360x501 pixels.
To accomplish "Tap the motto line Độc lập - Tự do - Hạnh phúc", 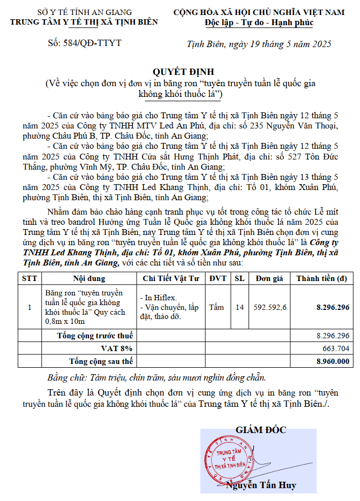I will click(259, 22).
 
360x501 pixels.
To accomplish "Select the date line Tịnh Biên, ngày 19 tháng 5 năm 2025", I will click(260, 43).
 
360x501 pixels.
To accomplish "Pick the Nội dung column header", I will click(89, 278).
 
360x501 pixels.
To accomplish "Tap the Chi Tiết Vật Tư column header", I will click(171, 278).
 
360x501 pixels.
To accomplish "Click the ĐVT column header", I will click(218, 278).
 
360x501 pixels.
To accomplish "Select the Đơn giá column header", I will click(269, 278).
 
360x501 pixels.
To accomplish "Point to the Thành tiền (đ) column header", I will click(321, 278).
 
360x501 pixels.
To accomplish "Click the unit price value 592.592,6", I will click(270, 307).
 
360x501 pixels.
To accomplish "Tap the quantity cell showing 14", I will click(239, 307).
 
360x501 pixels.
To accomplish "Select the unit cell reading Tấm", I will click(217, 307).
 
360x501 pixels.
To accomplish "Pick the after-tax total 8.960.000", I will click(333, 361).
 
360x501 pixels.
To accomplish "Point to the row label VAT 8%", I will click(117, 348).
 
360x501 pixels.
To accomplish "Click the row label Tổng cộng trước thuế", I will click(95, 336).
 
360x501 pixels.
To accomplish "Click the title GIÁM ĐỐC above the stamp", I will click(260, 430).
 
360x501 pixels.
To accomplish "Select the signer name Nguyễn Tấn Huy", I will click(261, 485).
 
